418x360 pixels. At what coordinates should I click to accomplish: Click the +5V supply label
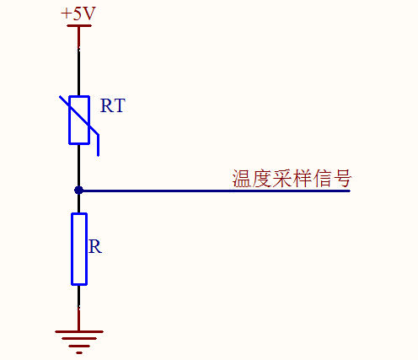coord(78,13)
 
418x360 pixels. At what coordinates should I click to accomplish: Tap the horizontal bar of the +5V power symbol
coord(79,25)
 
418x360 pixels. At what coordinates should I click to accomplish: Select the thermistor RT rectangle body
coord(79,120)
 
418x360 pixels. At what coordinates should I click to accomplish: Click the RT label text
coord(113,105)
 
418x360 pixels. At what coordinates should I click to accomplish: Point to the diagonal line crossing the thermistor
coord(79,116)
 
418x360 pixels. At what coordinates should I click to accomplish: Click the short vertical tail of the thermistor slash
coord(98,145)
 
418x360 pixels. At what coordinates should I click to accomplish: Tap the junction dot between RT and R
coord(78,191)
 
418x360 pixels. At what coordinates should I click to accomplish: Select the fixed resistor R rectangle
coord(79,249)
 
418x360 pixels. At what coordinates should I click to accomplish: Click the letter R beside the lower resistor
coord(95,247)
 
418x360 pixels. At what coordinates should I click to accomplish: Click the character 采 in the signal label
coord(281,179)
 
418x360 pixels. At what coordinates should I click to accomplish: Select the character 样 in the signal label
coord(302,179)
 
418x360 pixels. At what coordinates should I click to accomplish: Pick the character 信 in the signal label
coord(322,179)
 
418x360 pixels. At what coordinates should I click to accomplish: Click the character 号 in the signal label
coord(342,179)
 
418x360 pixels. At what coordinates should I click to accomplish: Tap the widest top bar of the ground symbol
coord(79,331)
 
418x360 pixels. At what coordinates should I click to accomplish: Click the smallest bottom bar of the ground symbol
coord(79,352)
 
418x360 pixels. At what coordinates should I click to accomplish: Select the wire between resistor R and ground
coord(78,308)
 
